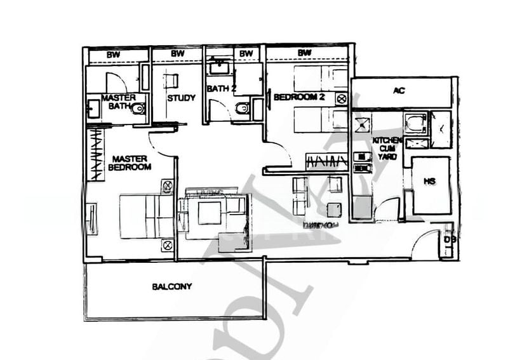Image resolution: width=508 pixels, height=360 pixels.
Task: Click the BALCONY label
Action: point(171,286)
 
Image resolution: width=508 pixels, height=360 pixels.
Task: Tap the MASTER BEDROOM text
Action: point(130,163)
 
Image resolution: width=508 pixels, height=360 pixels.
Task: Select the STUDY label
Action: point(181,98)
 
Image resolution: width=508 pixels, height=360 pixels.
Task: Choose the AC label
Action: point(398,91)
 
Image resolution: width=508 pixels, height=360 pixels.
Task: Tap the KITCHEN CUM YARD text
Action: point(385,147)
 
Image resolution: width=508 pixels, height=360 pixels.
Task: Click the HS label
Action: point(429,182)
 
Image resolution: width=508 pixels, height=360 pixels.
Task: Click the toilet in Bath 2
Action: point(243,109)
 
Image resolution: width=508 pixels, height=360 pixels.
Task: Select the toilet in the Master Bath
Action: point(138,109)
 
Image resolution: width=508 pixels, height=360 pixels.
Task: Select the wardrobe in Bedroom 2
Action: point(326,163)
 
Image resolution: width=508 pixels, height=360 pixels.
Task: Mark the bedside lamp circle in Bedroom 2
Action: point(342,98)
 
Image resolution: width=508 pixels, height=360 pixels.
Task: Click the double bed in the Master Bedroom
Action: point(145,216)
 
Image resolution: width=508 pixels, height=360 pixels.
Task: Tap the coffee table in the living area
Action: point(209,213)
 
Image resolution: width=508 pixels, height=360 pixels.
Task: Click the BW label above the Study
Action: point(177,54)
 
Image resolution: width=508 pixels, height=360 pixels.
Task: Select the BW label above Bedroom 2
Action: point(305,53)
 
